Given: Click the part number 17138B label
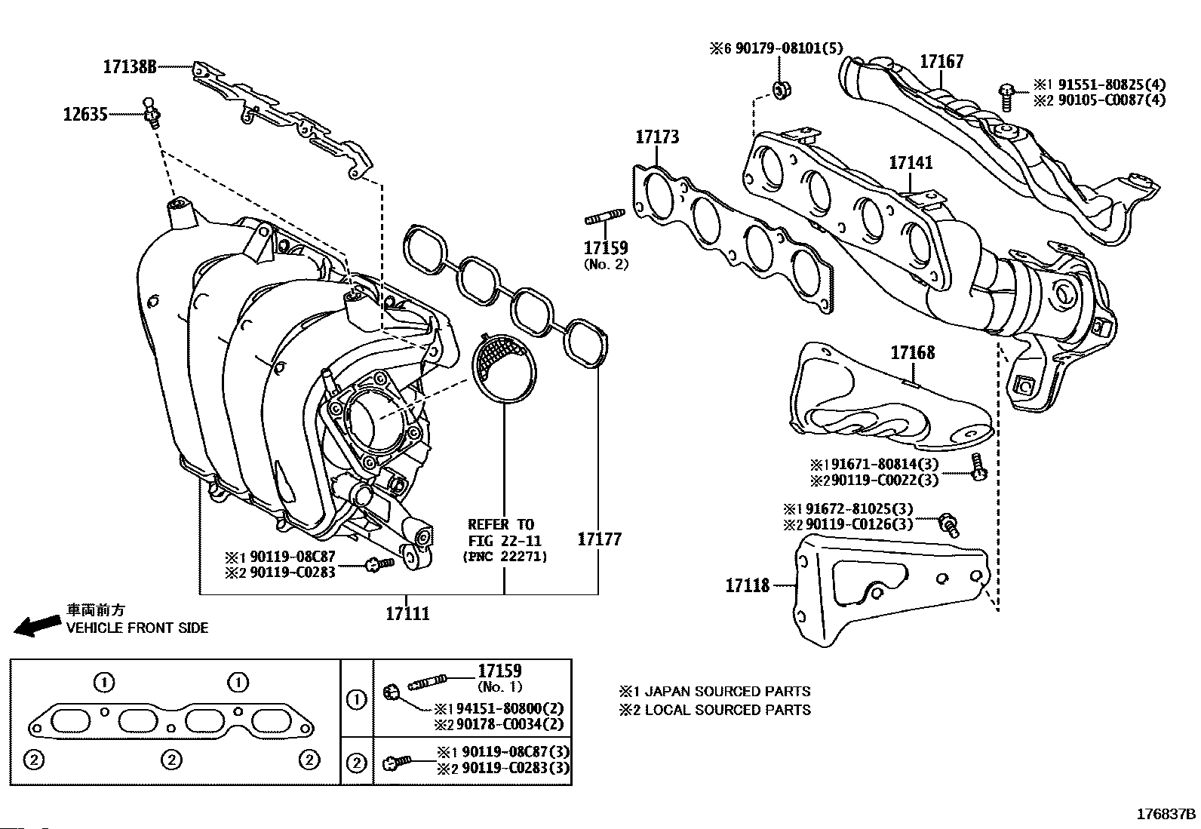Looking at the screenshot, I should tap(130, 67).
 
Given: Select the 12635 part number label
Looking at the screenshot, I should tap(85, 115).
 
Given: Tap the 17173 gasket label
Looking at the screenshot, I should tap(656, 137).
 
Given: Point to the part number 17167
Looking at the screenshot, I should tap(941, 62).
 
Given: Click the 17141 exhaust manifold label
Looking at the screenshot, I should tap(910, 163).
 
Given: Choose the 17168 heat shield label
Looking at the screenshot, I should tap(912, 352).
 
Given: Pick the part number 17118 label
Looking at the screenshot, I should tap(748, 585).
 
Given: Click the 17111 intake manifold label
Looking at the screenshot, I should tap(407, 613).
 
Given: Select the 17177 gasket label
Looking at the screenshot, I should tap(600, 539).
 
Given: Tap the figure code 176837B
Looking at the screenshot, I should tap(1166, 814).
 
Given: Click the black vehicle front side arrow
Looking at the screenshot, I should tap(38, 625).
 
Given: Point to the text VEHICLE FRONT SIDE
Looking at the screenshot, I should tap(137, 628).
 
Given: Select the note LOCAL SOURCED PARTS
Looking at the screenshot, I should tap(726, 710).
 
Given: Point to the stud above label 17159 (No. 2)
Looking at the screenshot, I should tap(604, 220).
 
